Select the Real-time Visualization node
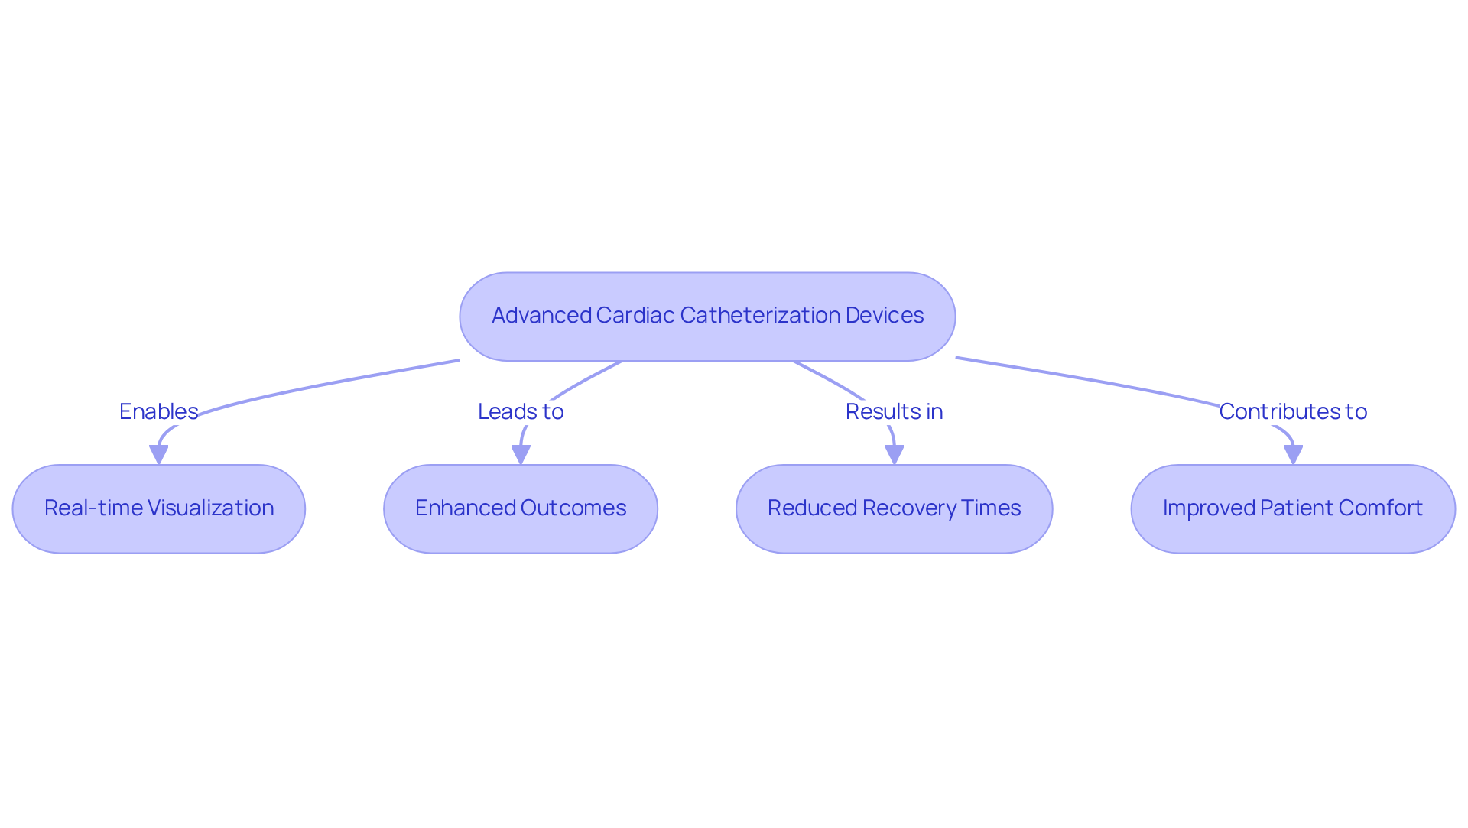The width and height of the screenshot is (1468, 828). pyautogui.click(x=158, y=508)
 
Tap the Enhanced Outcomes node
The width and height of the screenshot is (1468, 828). pyautogui.click(x=520, y=508)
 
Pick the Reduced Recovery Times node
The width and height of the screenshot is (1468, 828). pyautogui.click(x=894, y=508)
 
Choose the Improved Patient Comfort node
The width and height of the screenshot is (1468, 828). pyautogui.click(x=1292, y=508)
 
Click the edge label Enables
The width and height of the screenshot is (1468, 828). pyautogui.click(x=158, y=411)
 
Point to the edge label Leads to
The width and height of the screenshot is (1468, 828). pyautogui.click(x=521, y=411)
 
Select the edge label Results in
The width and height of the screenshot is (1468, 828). pyautogui.click(x=894, y=411)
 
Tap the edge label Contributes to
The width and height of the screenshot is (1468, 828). pyautogui.click(x=1292, y=411)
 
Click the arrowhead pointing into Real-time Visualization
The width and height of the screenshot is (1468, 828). pyautogui.click(x=158, y=455)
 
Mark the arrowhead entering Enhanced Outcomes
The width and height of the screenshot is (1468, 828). pyautogui.click(x=521, y=455)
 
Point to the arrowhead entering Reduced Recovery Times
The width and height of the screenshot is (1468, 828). pyautogui.click(x=894, y=455)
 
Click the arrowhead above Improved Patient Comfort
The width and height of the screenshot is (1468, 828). pyautogui.click(x=1292, y=455)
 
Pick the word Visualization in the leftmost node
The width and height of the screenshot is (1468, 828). pyautogui.click(x=210, y=508)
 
